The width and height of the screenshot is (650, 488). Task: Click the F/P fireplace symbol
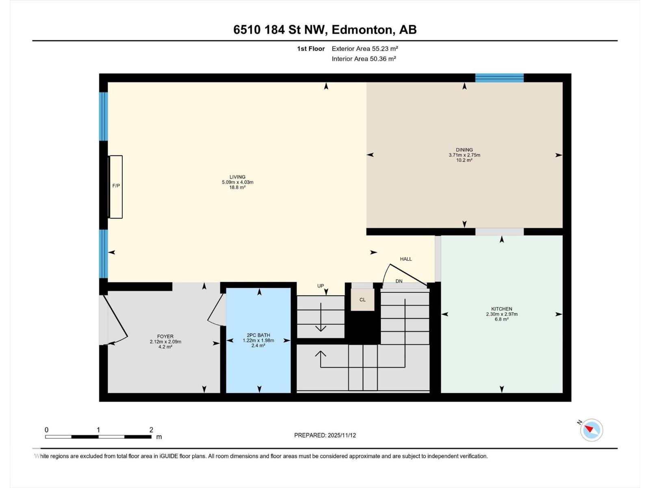click(x=116, y=186)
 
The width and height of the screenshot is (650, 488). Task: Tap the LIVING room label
click(x=237, y=177)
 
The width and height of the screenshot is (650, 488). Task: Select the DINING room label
click(x=464, y=150)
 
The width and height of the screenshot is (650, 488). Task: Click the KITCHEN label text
click(x=501, y=309)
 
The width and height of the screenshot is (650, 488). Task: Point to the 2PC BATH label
click(x=258, y=335)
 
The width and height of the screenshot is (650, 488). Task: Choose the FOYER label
click(x=165, y=336)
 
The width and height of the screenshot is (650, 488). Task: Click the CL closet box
click(x=362, y=300)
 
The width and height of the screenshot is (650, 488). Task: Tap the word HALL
click(x=405, y=259)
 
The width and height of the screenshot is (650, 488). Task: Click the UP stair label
click(x=321, y=286)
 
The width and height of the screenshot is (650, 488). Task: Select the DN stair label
click(x=399, y=281)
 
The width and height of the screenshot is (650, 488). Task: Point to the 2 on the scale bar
click(x=151, y=430)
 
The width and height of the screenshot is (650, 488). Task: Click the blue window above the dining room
click(x=499, y=78)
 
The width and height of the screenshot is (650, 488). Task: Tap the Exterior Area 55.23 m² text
click(x=364, y=48)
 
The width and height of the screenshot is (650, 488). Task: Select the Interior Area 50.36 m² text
click(x=364, y=59)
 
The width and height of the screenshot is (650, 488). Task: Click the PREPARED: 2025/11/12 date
click(x=325, y=435)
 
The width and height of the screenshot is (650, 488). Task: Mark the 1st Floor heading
click(x=311, y=48)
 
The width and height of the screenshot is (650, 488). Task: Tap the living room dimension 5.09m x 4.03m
click(x=237, y=182)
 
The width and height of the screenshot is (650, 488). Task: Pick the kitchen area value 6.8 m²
click(x=501, y=319)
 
